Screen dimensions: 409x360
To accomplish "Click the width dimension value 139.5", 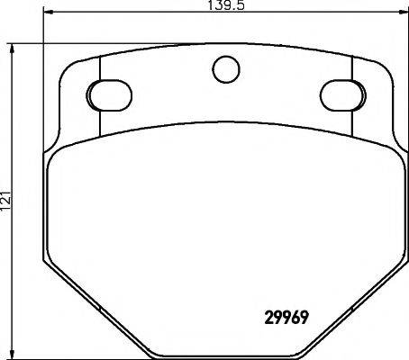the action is (226, 5).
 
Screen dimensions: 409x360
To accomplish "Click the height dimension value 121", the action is (6, 201).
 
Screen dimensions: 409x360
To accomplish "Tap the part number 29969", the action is (286, 317).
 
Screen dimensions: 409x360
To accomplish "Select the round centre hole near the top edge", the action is (226, 69).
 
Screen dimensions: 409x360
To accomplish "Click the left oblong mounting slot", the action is (109, 95).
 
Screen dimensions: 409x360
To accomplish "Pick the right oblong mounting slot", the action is (343, 95).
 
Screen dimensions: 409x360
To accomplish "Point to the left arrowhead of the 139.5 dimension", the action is (49, 12).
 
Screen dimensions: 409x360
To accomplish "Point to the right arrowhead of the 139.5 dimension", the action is (404, 12).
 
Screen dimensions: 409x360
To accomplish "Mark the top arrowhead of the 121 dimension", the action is (12, 49).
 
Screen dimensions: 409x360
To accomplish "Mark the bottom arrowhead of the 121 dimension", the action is (12, 354).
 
